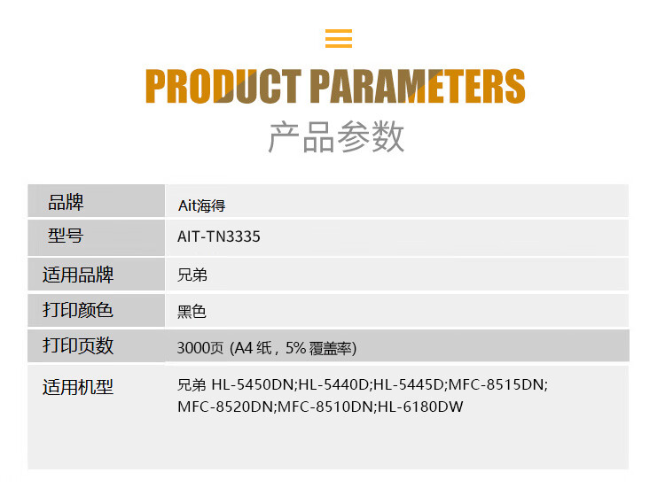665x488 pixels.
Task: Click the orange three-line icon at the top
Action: (x=339, y=39)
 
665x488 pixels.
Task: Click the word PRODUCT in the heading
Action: (x=222, y=87)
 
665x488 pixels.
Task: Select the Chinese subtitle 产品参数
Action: (x=337, y=136)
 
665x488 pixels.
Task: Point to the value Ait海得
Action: (x=201, y=205)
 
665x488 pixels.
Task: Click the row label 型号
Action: (x=66, y=236)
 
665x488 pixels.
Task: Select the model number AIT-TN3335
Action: (x=219, y=237)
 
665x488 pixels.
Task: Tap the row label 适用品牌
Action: (x=78, y=275)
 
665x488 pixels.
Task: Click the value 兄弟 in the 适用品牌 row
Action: (x=192, y=275)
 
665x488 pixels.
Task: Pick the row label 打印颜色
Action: (x=78, y=310)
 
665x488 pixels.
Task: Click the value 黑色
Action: (x=192, y=312)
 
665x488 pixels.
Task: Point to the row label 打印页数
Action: (x=78, y=345)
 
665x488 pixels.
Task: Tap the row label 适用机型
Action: (x=78, y=387)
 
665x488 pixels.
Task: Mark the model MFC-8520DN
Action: (x=226, y=407)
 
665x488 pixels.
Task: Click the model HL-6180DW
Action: (x=420, y=407)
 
